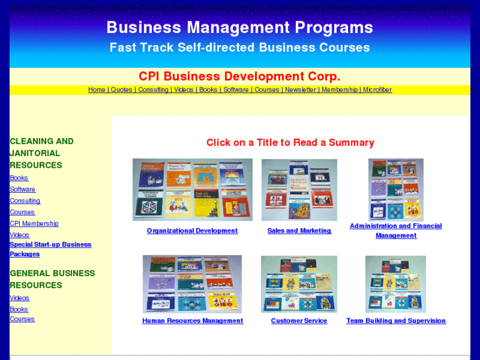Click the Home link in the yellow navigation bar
(x=96, y=90)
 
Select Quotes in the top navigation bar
(x=121, y=90)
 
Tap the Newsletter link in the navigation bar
(x=300, y=90)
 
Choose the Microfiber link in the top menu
(x=377, y=90)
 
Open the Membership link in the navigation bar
(x=339, y=90)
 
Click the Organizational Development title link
(x=192, y=231)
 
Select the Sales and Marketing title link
(x=299, y=231)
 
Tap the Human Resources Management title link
(x=192, y=321)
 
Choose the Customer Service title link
(x=298, y=321)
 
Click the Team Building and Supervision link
(x=395, y=321)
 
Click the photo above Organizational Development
(x=192, y=190)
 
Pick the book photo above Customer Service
(x=298, y=284)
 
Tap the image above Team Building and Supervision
(x=395, y=284)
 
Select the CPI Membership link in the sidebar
(x=34, y=223)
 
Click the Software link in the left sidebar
(x=22, y=189)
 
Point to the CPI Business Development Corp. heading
(x=240, y=76)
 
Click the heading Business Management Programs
(x=240, y=28)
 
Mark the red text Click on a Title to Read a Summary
(x=290, y=143)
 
